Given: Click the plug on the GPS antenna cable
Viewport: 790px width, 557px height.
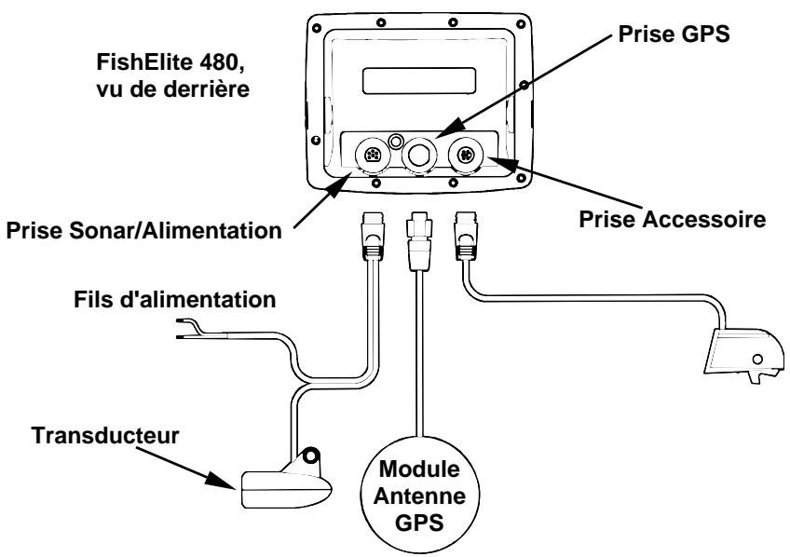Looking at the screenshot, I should click(x=416, y=240).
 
